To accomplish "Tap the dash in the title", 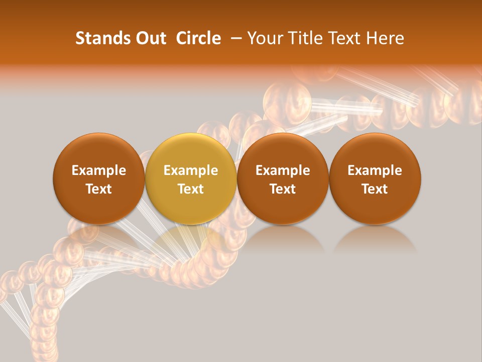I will [x=234, y=38].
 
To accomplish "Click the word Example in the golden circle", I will [x=191, y=170].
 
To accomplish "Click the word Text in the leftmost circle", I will [x=99, y=189].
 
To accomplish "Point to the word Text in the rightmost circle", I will [x=375, y=189].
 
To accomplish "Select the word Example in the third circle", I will [x=283, y=170].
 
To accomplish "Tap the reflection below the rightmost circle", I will [x=375, y=239].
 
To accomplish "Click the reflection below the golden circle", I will [x=191, y=239].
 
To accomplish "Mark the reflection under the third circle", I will [x=283, y=239].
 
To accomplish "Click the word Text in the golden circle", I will [x=191, y=189].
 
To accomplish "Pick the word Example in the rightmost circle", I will [x=375, y=170].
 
